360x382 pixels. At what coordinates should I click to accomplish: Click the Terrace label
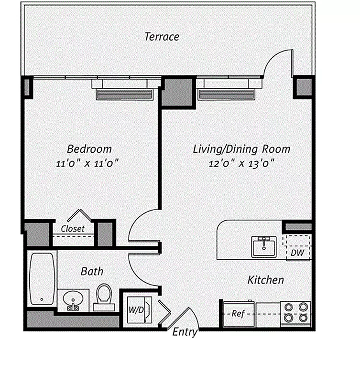pyautogui.click(x=162, y=37)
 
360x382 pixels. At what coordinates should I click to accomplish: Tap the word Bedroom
pyautogui.click(x=89, y=149)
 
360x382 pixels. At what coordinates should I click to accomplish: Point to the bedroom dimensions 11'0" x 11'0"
pyautogui.click(x=87, y=163)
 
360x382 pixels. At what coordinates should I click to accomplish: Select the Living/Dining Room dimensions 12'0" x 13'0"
pyautogui.click(x=242, y=163)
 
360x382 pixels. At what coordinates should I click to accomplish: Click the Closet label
pyautogui.click(x=73, y=229)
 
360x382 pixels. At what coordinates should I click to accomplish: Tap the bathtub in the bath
pyautogui.click(x=42, y=279)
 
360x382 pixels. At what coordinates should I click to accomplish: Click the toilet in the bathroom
pyautogui.click(x=104, y=297)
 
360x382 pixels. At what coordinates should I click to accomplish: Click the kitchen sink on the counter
pyautogui.click(x=264, y=246)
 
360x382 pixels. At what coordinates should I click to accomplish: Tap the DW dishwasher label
pyautogui.click(x=297, y=253)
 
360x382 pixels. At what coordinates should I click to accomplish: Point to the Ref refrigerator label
pyautogui.click(x=238, y=314)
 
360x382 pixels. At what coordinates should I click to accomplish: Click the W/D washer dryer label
pyautogui.click(x=136, y=310)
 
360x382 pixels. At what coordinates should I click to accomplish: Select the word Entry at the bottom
pyautogui.click(x=185, y=332)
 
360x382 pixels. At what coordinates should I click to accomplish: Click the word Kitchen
pyautogui.click(x=266, y=280)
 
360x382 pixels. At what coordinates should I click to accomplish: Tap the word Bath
pyautogui.click(x=92, y=271)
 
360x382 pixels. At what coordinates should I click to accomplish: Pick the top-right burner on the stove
pyautogui.click(x=303, y=307)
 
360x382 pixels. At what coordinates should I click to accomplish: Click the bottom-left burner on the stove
pyautogui.click(x=289, y=318)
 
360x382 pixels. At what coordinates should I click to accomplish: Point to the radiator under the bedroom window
pyautogui.click(x=124, y=94)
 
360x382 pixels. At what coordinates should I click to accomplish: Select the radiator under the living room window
pyautogui.click(x=226, y=94)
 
